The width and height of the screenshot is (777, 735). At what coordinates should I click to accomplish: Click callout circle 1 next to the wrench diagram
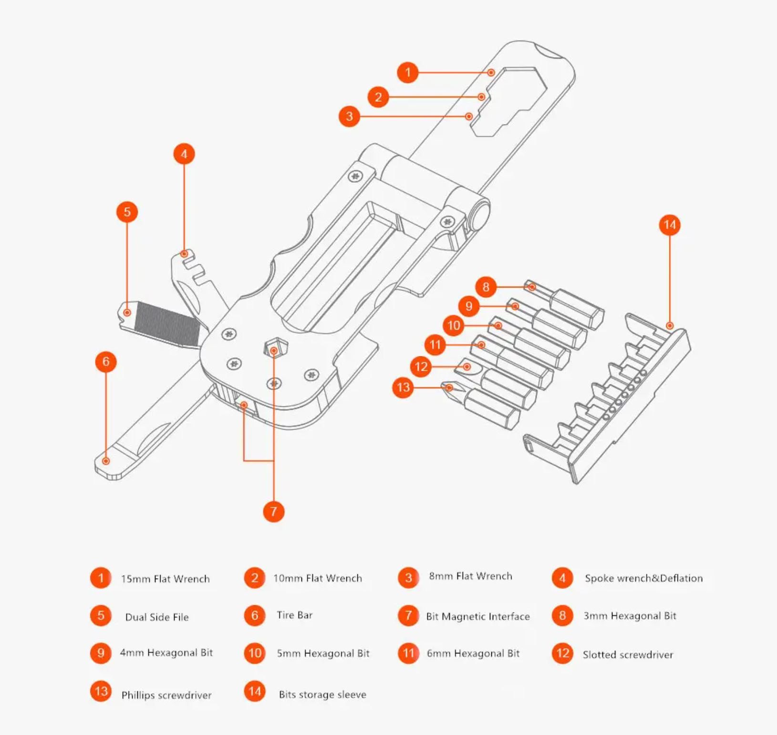pos(407,72)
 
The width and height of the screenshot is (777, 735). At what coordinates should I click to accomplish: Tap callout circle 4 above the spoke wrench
pos(184,154)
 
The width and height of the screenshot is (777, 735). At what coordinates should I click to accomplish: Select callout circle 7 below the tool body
pos(273,511)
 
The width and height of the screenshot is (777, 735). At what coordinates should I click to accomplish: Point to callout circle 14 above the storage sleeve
pos(670,225)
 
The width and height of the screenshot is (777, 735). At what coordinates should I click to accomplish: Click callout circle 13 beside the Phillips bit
pos(403,387)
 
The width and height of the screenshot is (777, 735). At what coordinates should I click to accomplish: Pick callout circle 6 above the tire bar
pos(106,362)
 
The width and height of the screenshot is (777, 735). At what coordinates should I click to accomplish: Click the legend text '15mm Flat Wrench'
pos(165,579)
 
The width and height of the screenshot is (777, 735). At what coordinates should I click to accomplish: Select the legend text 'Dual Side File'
pos(156,617)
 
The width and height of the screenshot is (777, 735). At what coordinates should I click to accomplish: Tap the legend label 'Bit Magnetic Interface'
pos(477,616)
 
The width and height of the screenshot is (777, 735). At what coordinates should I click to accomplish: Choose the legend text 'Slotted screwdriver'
pos(628,655)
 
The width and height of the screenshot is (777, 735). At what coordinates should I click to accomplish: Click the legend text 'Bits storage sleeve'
pos(322,694)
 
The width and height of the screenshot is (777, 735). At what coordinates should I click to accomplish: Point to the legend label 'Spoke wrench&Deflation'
pos(643,578)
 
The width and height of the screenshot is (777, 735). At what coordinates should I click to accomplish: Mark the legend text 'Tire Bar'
pos(294,615)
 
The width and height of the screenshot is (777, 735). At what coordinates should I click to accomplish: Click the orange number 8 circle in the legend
pos(562,616)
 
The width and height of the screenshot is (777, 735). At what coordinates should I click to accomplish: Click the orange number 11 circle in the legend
pos(408,653)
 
